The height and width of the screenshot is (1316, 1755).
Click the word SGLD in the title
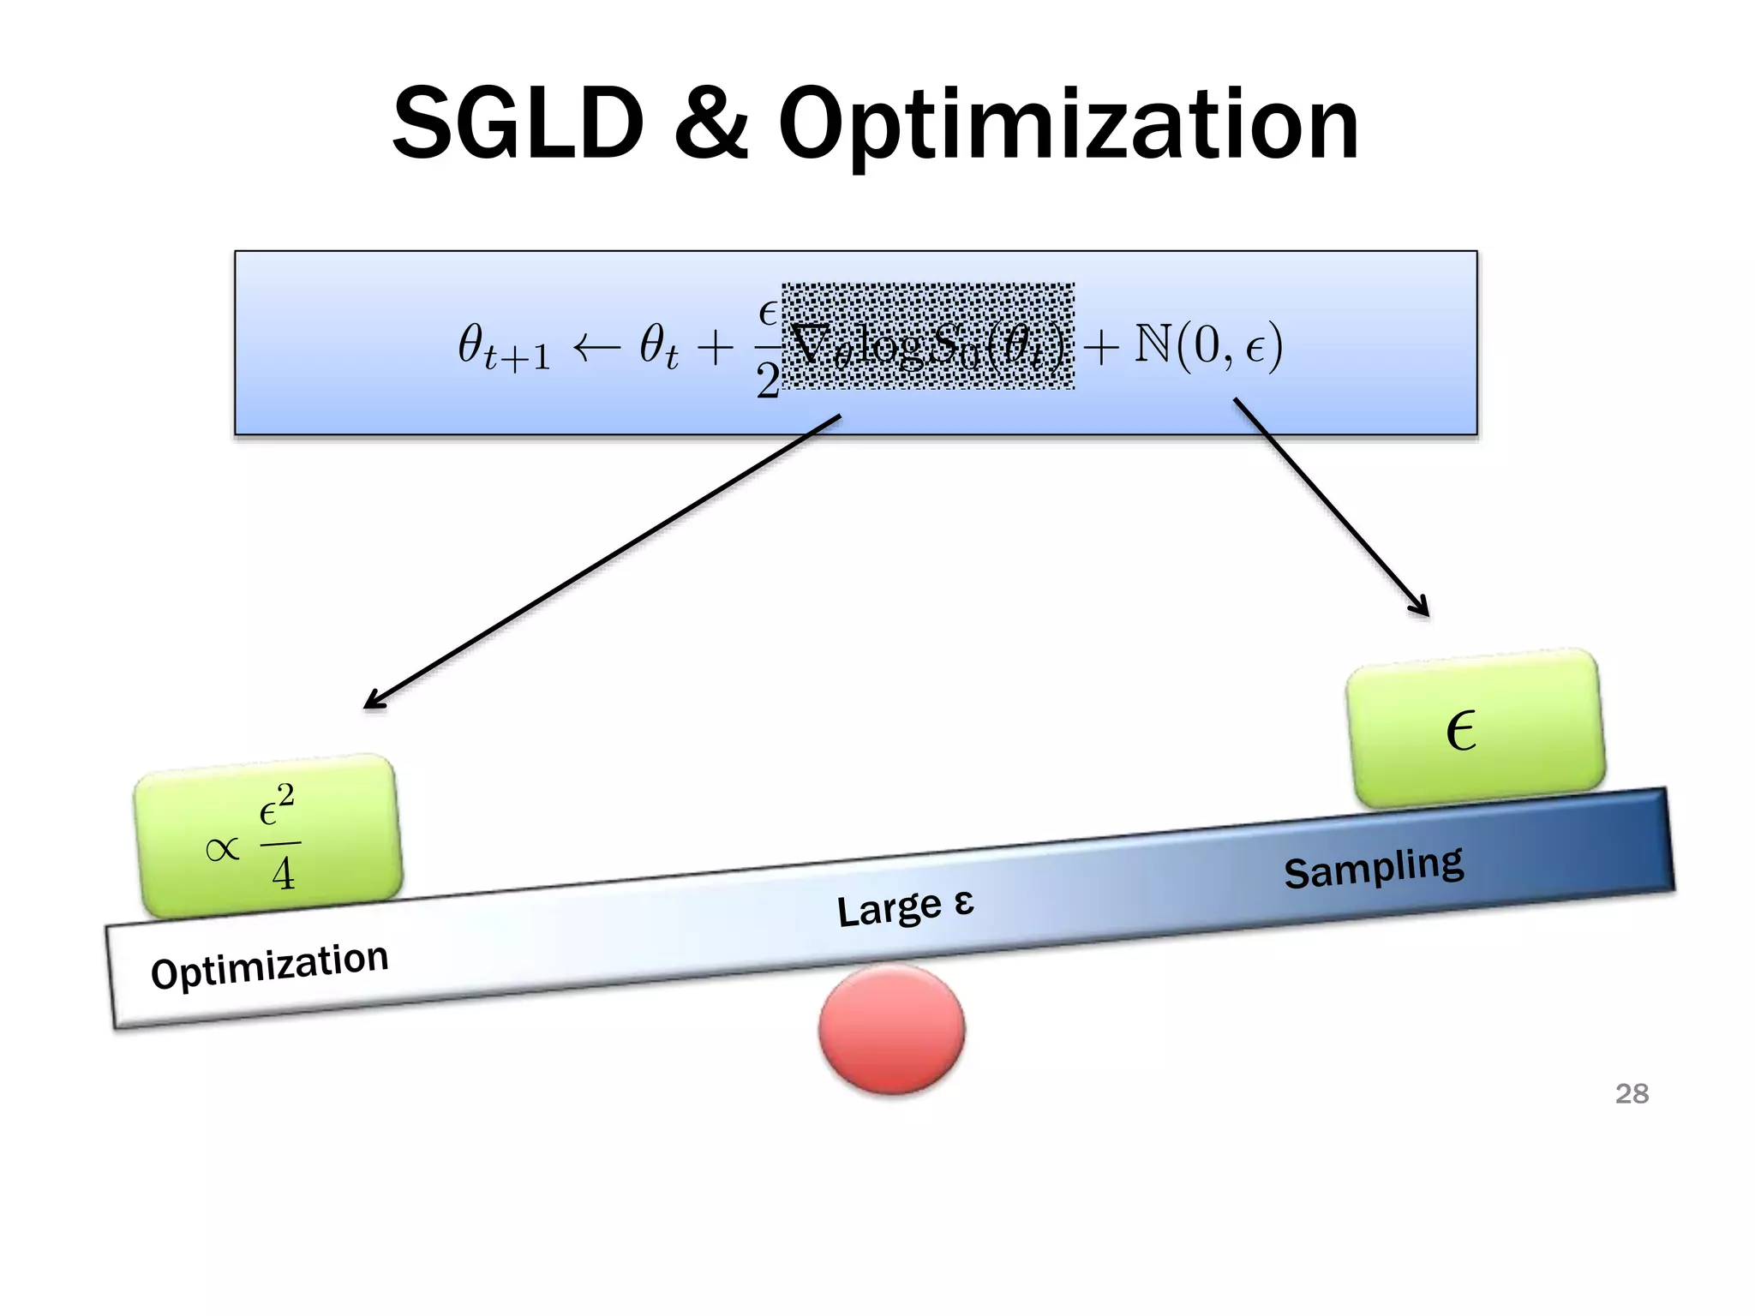[518, 124]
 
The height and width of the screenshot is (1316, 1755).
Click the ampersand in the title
[710, 124]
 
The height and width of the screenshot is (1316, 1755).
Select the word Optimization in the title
[1068, 127]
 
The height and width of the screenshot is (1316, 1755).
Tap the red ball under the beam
[891, 1028]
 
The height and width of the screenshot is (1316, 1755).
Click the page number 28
[1632, 1094]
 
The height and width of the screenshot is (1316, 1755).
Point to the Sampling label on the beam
[1374, 867]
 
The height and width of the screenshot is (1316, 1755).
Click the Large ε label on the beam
[905, 908]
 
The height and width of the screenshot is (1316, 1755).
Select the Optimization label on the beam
[269, 966]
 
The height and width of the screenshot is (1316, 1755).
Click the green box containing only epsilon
[1474, 728]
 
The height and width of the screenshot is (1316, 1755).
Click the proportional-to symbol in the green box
[223, 849]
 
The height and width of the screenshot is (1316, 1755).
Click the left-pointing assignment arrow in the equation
[596, 347]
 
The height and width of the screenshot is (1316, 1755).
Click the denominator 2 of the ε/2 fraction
[768, 380]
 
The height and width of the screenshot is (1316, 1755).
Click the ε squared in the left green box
[276, 806]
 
